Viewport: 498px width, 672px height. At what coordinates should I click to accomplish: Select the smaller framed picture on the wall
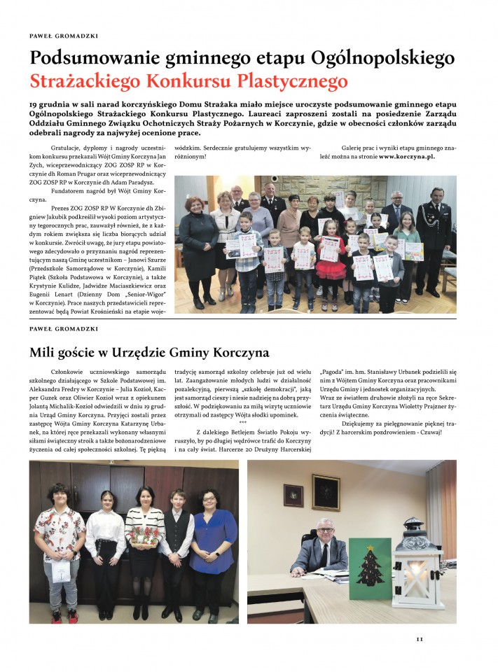point(293,495)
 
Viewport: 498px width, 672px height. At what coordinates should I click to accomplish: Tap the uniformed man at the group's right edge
point(433,234)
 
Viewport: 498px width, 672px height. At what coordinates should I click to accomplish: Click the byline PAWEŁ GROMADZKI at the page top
point(63,35)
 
